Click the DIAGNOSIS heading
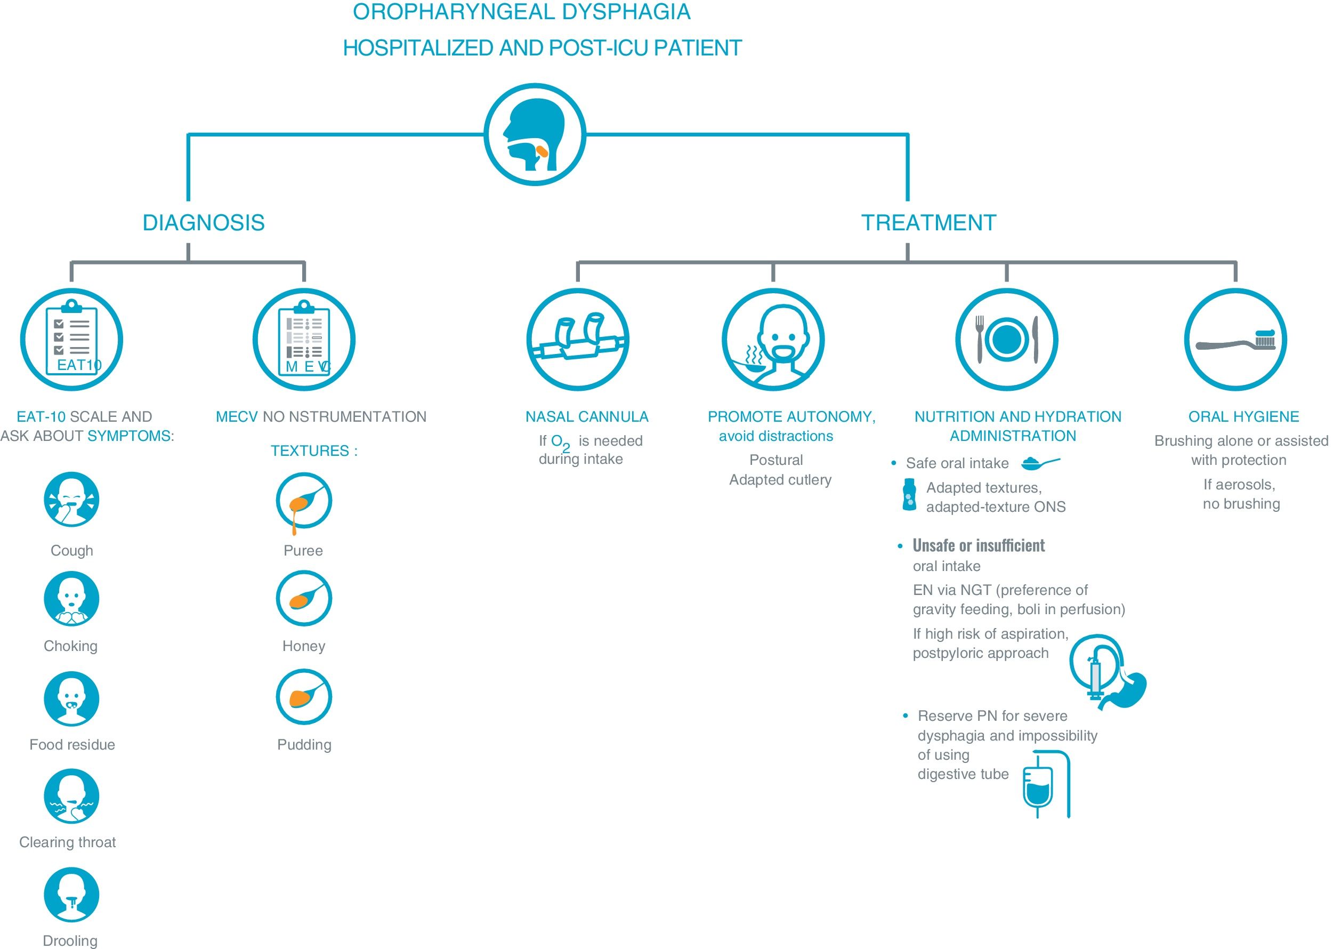(x=203, y=223)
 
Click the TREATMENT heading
(x=928, y=223)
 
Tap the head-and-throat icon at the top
(x=535, y=134)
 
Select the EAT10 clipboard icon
(x=72, y=340)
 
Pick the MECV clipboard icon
(x=304, y=340)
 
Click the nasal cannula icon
(x=578, y=340)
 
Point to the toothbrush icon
(x=1235, y=340)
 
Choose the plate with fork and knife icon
(x=1006, y=340)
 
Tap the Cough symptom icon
(x=72, y=500)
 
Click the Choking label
(x=71, y=646)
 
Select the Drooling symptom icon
(x=72, y=895)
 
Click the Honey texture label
(x=304, y=646)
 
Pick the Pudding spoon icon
(x=304, y=697)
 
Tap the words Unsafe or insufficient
(x=979, y=546)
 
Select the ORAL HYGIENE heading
(x=1243, y=416)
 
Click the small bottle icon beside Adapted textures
(x=909, y=495)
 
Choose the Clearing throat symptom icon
(x=72, y=797)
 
